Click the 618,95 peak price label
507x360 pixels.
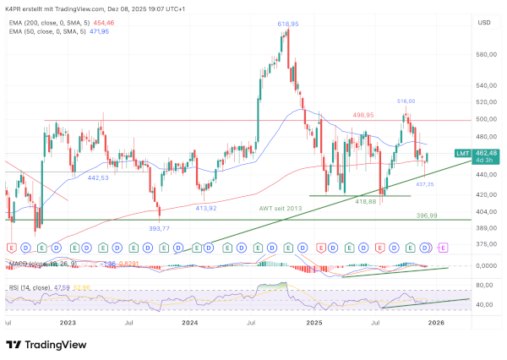coord(289,25)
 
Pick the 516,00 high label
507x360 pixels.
coord(406,101)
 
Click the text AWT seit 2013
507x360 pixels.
coord(281,207)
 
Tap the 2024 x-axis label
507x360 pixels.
coord(190,323)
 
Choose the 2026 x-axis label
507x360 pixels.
coord(437,323)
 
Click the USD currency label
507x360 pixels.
coord(484,23)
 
